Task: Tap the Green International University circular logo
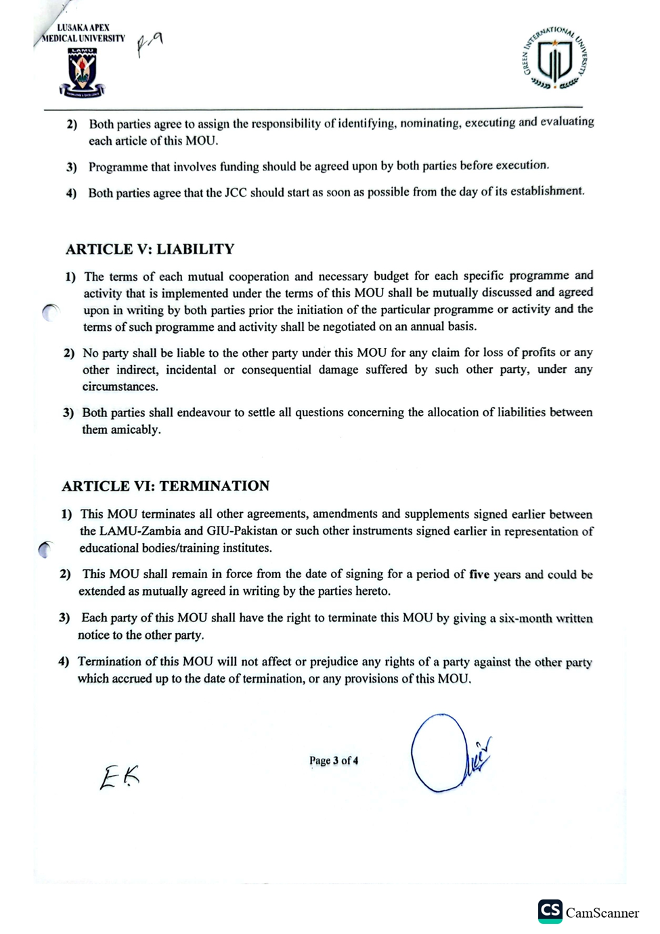554,59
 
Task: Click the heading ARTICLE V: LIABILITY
150,249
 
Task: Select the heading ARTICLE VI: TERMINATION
165,486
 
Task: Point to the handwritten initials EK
120,776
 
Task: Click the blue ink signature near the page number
447,753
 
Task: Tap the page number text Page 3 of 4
334,761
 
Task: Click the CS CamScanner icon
550,911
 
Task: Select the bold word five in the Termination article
479,575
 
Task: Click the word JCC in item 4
236,193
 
